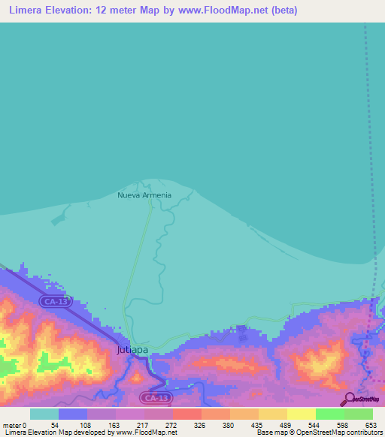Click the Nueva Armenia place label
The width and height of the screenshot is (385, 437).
click(144, 195)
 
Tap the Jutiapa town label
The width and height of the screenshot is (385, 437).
click(132, 350)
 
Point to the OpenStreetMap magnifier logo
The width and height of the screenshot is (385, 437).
click(348, 399)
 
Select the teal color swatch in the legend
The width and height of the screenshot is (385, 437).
click(44, 414)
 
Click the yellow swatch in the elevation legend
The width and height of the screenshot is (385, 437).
click(301, 414)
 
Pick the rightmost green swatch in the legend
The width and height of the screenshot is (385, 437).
click(358, 414)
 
